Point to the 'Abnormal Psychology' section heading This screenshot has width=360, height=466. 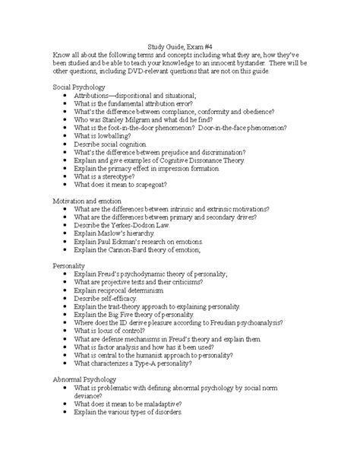point(86,378)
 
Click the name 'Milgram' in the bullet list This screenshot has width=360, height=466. point(130,121)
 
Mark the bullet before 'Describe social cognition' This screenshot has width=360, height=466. point(68,142)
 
